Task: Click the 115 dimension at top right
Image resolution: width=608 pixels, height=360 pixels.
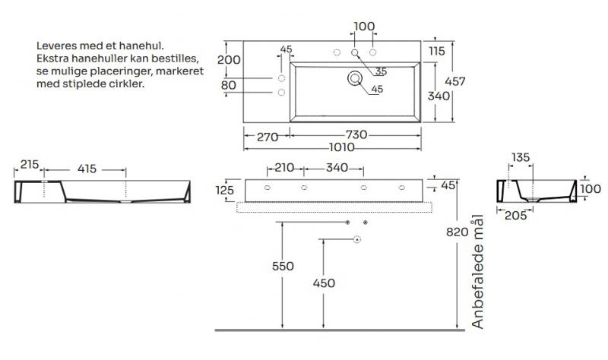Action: (x=435, y=52)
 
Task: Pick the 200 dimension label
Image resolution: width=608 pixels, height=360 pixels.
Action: (x=229, y=60)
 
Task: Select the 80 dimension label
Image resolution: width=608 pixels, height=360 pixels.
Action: (x=228, y=85)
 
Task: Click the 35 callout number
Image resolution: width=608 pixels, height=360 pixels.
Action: (x=381, y=71)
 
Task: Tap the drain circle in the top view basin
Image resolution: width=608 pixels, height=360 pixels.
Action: (x=354, y=77)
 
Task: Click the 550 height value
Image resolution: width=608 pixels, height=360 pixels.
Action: (x=281, y=266)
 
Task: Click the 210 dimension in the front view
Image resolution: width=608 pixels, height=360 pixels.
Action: (x=285, y=167)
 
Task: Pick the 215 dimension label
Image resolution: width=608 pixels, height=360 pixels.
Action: (x=29, y=164)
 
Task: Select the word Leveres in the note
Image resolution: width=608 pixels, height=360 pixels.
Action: (x=56, y=46)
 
